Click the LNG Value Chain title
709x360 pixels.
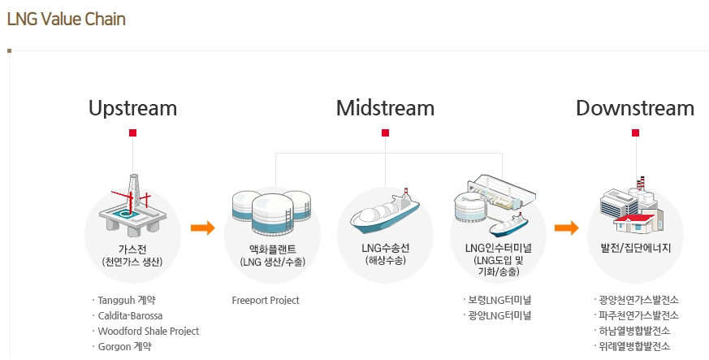point(67,19)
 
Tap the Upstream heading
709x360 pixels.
point(132,109)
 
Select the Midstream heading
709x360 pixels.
point(385,108)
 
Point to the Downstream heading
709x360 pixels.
point(635,108)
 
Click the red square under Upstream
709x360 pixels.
point(132,132)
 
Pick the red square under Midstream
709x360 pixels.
point(385,132)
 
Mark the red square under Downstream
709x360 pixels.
point(635,132)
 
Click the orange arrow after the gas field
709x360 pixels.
point(202,228)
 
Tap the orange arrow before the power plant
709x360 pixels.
point(567,228)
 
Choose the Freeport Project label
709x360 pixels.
point(266,301)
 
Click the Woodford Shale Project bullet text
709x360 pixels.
point(149,331)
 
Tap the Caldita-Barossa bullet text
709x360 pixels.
point(130,315)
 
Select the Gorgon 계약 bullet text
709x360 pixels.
point(125,346)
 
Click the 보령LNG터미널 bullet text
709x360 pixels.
point(499,300)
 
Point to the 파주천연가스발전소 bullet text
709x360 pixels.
point(639,315)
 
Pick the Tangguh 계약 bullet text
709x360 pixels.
point(127,301)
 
